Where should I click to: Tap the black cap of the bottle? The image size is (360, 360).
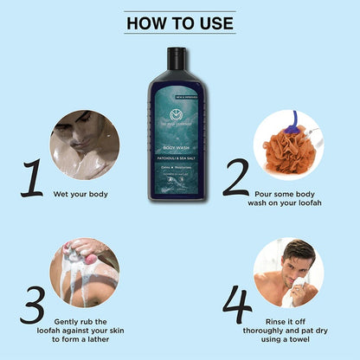178,58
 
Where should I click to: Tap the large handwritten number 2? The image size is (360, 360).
235,177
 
